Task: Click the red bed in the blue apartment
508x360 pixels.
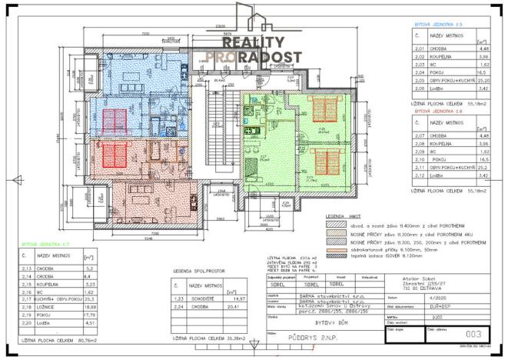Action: tap(115, 120)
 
